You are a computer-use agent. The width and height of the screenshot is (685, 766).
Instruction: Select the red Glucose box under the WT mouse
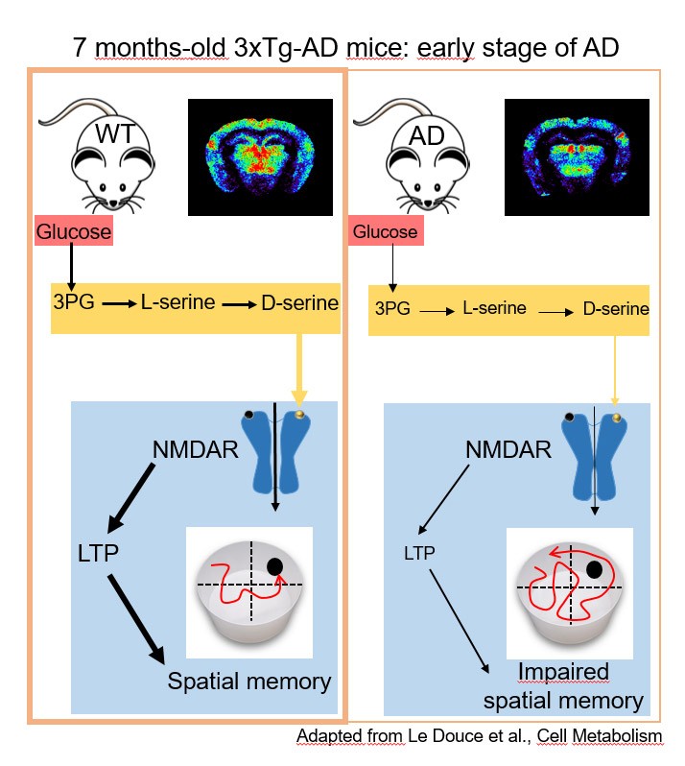74,231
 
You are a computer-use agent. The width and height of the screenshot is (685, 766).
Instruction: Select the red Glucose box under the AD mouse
386,231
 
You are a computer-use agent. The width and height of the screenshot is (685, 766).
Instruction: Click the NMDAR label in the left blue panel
196,448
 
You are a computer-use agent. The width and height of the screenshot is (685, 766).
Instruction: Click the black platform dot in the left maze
276,566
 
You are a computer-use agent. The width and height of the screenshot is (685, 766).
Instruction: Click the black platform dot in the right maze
593,570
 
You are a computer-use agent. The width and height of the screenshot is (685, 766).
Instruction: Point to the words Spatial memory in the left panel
249,682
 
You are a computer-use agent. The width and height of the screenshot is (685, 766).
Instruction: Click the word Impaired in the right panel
557,671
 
